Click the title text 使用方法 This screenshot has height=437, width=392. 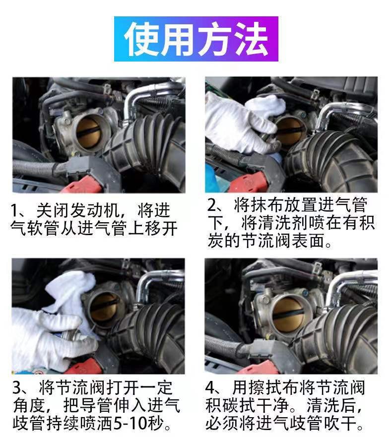pos(196,39)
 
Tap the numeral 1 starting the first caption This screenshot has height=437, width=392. pos(14,211)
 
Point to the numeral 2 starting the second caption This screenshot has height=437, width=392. pos(212,205)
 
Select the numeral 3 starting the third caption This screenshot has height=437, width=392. pos(17,388)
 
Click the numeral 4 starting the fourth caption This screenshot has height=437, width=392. pos(210,388)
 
